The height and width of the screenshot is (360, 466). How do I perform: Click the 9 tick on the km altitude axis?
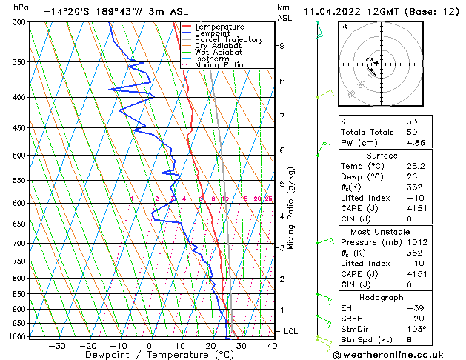point(282,46)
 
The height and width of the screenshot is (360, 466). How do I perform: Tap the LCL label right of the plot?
point(290,331)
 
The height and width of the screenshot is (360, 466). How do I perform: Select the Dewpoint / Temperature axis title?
point(149,355)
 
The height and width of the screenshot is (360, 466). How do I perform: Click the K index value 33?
point(412,121)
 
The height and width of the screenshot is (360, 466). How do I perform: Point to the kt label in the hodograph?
point(344,27)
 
